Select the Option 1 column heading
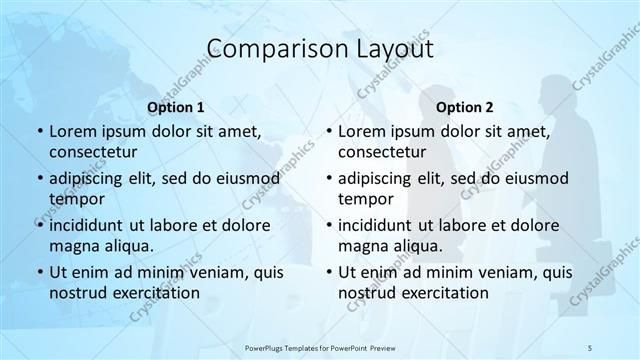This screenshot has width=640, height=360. click(176, 107)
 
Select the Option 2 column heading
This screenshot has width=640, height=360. click(465, 107)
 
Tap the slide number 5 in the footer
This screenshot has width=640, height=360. click(591, 346)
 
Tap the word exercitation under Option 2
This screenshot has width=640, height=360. click(444, 293)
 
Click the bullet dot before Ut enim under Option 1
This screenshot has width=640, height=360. click(39, 272)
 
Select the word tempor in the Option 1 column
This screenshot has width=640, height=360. click(74, 199)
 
